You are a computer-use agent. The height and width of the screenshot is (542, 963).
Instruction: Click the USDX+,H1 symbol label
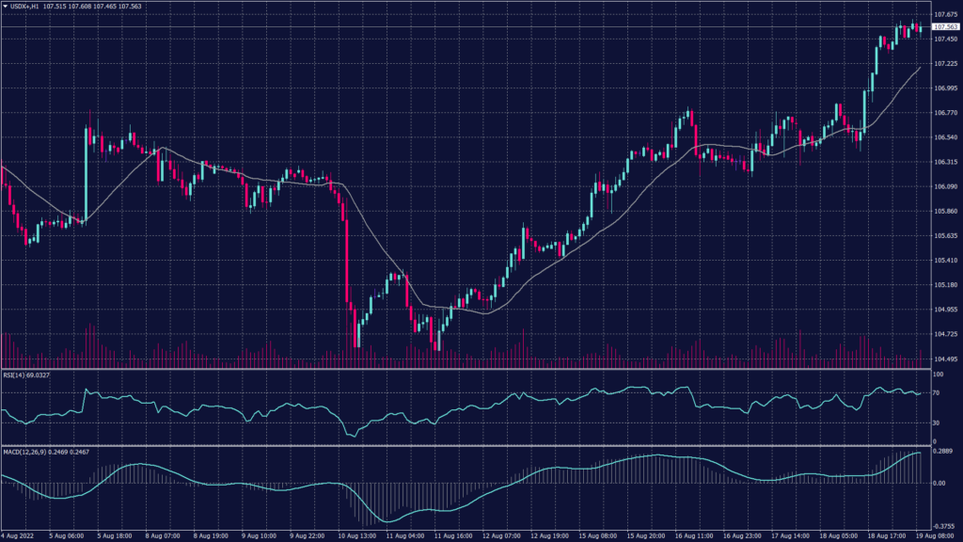[28, 7]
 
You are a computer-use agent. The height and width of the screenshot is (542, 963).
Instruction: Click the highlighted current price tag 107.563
[944, 27]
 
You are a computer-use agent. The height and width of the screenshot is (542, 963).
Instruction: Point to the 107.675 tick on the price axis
[944, 14]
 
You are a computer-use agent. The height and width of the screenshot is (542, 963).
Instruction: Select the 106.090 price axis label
[944, 186]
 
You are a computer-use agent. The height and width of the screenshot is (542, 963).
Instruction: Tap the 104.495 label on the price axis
[944, 359]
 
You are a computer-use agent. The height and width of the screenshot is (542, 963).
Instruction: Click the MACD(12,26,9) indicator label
[24, 452]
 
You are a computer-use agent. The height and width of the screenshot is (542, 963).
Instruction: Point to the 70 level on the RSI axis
[937, 392]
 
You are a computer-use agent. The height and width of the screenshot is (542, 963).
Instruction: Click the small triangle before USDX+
[5, 7]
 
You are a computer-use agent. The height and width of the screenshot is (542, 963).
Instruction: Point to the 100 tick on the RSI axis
[937, 375]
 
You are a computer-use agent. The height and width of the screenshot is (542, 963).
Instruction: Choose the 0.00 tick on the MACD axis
[939, 484]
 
